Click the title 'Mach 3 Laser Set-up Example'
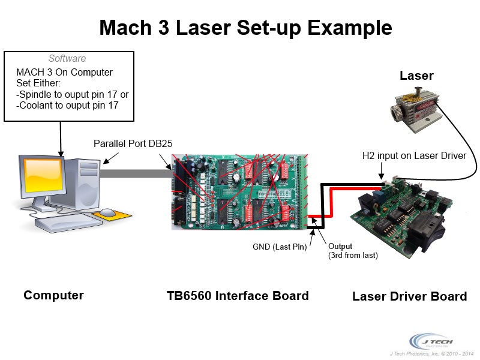coord(245,27)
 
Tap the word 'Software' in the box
coord(67,59)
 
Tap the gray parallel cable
coord(135,175)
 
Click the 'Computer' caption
coord(53,295)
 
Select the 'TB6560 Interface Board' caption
coord(238,296)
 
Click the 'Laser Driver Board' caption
coord(409,296)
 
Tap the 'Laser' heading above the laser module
coord(416,76)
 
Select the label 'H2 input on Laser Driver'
coord(414,156)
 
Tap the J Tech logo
coord(428,340)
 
